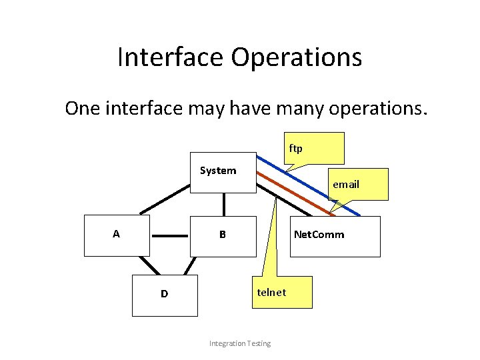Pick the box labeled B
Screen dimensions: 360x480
(223, 236)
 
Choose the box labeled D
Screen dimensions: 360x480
(165, 295)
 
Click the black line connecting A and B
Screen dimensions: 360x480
(170, 236)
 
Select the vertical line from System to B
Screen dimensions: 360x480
(224, 204)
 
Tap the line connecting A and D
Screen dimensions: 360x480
(149, 265)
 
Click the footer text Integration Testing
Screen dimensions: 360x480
(240, 343)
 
